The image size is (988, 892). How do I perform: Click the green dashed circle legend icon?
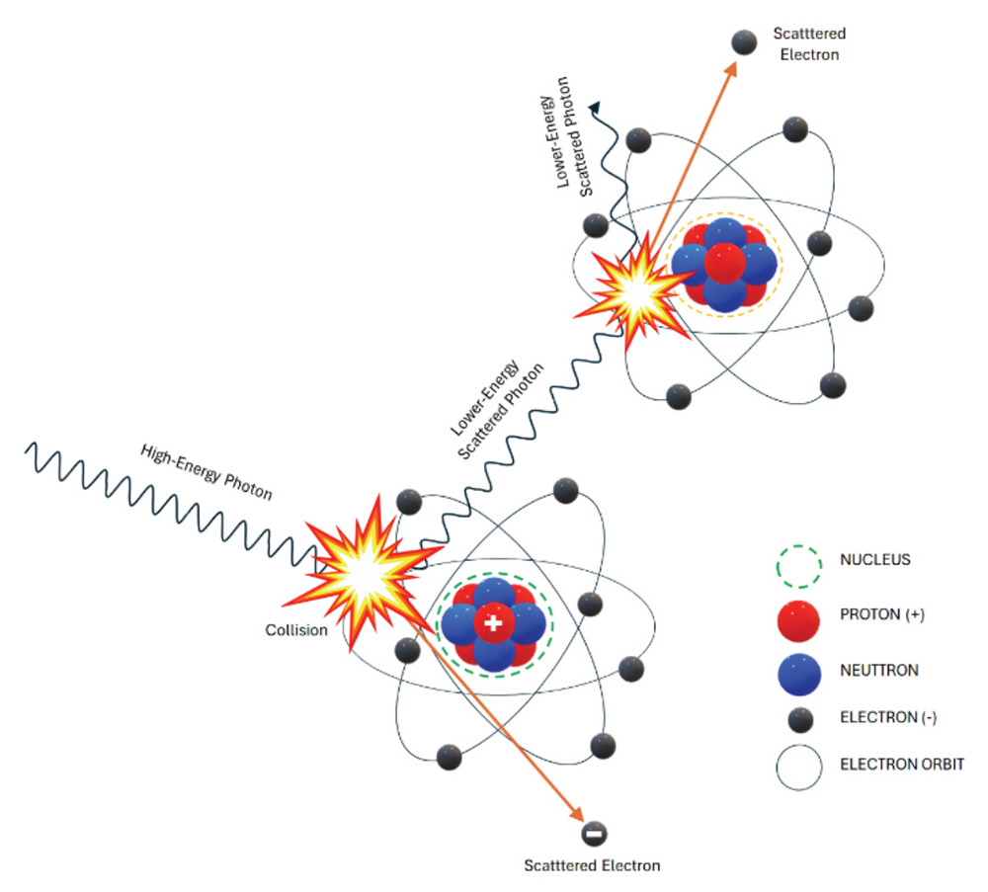click(798, 561)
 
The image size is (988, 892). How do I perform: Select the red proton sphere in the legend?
click(798, 615)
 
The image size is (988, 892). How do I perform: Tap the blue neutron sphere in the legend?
click(798, 671)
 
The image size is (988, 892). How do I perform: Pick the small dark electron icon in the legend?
click(798, 718)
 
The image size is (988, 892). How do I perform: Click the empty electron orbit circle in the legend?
click(798, 765)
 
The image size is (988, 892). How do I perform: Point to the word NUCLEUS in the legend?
click(874, 560)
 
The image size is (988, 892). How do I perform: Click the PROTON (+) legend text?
click(881, 614)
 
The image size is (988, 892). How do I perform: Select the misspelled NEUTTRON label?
click(878, 670)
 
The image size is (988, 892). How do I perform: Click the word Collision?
click(295, 629)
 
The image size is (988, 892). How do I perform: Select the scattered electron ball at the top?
click(743, 41)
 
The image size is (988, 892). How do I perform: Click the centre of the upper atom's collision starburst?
click(633, 288)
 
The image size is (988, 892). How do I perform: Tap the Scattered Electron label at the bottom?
click(592, 866)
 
